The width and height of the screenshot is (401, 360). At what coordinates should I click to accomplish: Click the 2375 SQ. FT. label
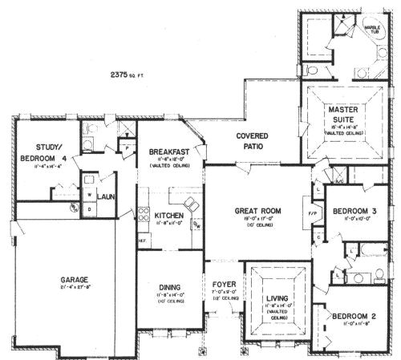click(x=128, y=75)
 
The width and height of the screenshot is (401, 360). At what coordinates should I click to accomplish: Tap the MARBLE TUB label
click(x=372, y=29)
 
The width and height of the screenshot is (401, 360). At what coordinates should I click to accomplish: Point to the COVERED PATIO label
click(x=252, y=141)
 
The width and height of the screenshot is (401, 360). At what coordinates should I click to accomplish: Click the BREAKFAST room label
click(x=168, y=152)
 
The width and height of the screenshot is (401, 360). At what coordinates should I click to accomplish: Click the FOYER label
click(x=222, y=285)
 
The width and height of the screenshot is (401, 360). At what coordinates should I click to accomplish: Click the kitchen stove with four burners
click(x=144, y=214)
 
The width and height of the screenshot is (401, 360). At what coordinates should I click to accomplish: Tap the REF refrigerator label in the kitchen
click(x=142, y=240)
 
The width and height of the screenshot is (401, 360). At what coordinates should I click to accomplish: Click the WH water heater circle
click(x=73, y=207)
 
